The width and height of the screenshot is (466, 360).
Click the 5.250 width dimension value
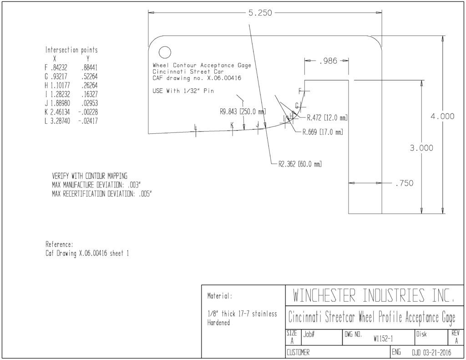click(260, 13)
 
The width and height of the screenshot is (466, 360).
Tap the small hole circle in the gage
click(165, 53)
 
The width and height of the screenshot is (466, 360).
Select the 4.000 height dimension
click(442, 116)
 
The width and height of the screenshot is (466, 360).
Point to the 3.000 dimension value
click(421, 148)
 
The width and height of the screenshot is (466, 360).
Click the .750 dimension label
click(404, 183)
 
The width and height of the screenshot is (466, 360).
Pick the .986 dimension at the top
click(328, 61)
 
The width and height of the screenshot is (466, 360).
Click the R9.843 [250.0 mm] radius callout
click(243, 112)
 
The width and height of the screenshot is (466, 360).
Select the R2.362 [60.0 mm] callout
click(300, 164)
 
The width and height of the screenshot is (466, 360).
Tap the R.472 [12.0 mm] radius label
click(327, 118)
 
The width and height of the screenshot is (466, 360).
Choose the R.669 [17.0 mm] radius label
click(323, 132)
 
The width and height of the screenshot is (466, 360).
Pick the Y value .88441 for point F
click(89, 67)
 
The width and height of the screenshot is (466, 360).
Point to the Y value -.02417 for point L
click(88, 121)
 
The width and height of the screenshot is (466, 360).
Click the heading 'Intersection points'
click(71, 50)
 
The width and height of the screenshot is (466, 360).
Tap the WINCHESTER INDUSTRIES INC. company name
click(374, 295)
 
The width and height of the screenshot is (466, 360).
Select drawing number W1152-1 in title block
click(383, 339)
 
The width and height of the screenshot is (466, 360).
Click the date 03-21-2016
click(437, 353)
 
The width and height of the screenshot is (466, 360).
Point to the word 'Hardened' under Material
click(218, 323)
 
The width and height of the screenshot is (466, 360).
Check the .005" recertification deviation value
click(145, 194)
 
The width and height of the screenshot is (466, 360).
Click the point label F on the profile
click(300, 91)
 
